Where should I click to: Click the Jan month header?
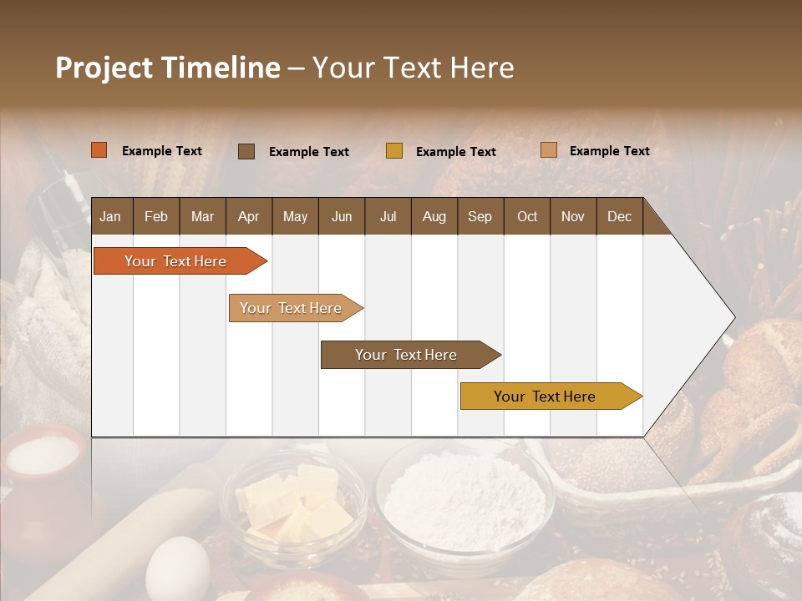click(110, 217)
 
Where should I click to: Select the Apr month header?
click(248, 217)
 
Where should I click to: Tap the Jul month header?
click(388, 217)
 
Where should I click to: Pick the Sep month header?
click(480, 217)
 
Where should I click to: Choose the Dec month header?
click(619, 217)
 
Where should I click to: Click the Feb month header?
click(156, 217)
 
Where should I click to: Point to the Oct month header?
click(527, 217)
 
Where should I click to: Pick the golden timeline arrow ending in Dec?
click(548, 396)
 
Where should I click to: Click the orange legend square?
click(99, 150)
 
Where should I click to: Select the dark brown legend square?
click(246, 151)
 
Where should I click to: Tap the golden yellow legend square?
click(394, 151)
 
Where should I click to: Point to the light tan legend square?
click(549, 150)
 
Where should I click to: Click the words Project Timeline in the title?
click(167, 68)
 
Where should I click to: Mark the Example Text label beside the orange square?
click(162, 151)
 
